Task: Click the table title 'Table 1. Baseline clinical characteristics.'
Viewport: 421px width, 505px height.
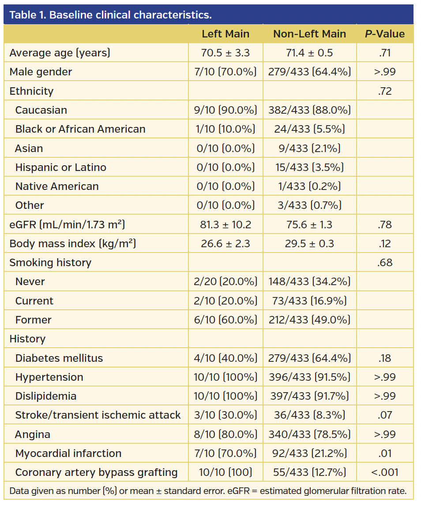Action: point(110,15)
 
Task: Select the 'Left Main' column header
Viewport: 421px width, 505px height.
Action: point(226,34)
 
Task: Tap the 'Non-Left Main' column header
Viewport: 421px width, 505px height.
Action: point(309,34)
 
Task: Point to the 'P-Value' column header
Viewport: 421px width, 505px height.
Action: point(384,34)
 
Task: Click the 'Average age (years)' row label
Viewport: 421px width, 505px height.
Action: point(60,53)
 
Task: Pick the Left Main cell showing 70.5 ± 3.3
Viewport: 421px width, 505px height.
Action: point(226,53)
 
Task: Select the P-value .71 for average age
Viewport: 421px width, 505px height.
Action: point(384,53)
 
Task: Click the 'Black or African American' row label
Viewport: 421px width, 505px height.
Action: point(80,129)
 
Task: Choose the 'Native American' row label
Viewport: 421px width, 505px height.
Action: point(57,186)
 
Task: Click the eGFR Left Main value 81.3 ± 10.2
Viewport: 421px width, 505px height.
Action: point(226,225)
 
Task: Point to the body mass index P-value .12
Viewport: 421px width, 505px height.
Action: point(384,244)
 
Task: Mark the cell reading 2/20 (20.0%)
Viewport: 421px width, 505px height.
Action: point(226,282)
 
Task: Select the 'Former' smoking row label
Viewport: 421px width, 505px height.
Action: point(33,320)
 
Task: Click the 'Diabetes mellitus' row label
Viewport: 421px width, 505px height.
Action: point(59,358)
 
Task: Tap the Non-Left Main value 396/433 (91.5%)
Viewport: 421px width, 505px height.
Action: point(309,377)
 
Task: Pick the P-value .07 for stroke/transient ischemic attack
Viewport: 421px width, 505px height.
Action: point(384,415)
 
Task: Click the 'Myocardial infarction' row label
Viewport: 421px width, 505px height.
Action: point(68,453)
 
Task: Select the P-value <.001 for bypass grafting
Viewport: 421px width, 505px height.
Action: point(384,472)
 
